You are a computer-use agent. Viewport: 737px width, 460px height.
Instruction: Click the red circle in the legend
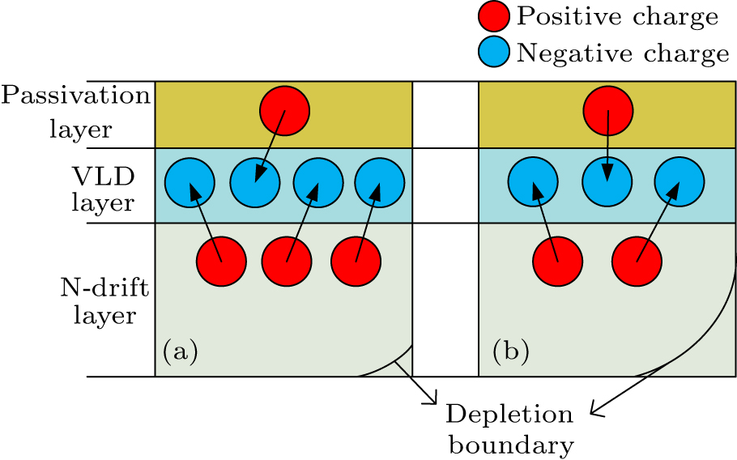click(x=494, y=16)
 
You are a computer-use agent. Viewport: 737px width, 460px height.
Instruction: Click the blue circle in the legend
click(x=494, y=53)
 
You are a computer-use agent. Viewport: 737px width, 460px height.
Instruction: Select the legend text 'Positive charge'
click(x=617, y=16)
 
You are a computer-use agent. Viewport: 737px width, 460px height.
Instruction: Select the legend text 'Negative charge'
click(x=623, y=53)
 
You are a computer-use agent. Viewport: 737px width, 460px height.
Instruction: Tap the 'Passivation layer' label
click(x=75, y=112)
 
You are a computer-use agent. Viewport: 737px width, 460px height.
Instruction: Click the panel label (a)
click(x=180, y=351)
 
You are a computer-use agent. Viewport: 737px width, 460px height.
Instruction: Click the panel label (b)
click(x=511, y=351)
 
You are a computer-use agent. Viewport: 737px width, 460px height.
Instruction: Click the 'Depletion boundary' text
click(x=510, y=429)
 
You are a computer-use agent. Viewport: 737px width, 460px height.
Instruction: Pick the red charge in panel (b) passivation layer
click(x=608, y=109)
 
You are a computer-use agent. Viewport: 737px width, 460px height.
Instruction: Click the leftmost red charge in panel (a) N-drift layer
click(x=221, y=262)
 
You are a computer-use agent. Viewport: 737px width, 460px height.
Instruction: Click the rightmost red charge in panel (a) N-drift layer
click(x=356, y=262)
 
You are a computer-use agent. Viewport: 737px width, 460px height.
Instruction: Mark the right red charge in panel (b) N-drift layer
click(x=637, y=262)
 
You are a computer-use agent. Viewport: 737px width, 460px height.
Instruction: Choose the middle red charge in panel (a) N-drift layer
click(x=286, y=262)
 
